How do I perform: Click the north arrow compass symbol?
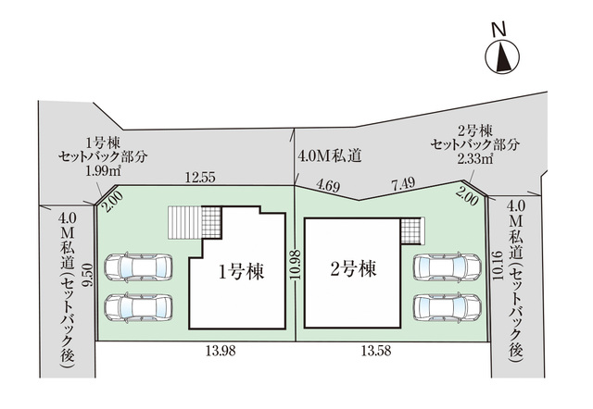point(502,57)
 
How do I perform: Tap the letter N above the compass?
point(499,29)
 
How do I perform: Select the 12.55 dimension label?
point(200,177)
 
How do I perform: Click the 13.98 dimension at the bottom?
point(221,352)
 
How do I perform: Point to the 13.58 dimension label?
point(376,352)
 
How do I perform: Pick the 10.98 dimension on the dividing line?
point(296,265)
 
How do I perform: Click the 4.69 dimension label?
point(328,186)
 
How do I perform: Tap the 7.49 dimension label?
point(403,184)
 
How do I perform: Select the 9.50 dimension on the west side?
point(90,276)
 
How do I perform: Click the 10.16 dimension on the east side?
point(497,266)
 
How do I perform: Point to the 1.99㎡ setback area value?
point(103,171)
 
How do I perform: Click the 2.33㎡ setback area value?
point(475,159)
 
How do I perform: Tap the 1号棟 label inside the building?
point(242,271)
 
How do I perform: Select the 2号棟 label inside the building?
point(354,269)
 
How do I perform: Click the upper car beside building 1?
point(138,267)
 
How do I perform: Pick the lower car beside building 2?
point(447,307)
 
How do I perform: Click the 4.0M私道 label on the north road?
point(330,156)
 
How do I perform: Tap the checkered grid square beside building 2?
point(410,231)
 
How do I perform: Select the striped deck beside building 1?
point(185,222)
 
